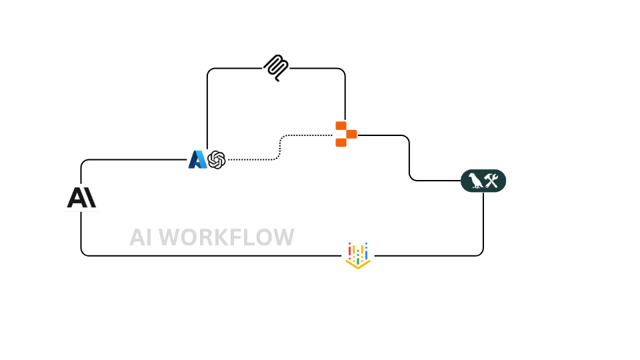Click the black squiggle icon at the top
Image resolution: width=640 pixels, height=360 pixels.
(277, 68)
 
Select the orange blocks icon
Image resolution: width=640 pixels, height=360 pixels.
(345, 133)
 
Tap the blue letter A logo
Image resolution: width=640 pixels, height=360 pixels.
(197, 160)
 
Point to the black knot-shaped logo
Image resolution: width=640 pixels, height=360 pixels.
(217, 160)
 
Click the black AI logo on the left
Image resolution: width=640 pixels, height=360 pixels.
(82, 198)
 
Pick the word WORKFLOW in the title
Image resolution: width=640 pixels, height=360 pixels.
(227, 237)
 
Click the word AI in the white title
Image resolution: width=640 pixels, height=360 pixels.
(141, 237)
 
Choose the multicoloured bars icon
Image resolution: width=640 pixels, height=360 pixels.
(359, 255)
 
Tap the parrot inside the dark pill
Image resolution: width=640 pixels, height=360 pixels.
(475, 180)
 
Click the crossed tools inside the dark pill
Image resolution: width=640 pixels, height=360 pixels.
(493, 180)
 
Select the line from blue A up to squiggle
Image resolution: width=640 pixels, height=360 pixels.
(207, 107)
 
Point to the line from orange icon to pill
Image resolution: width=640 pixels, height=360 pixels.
(409, 160)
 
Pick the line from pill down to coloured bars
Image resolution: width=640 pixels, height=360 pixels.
(483, 227)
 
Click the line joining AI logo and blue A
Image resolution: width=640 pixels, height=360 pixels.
(133, 160)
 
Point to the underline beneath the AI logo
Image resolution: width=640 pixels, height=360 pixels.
(81, 211)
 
